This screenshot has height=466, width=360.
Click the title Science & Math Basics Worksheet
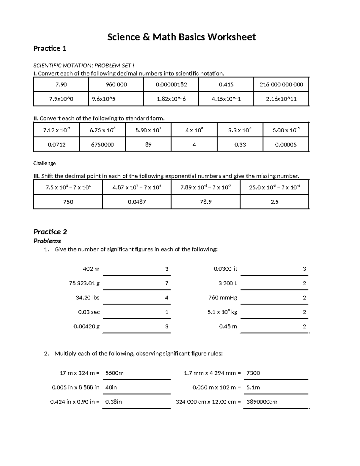coord(181,37)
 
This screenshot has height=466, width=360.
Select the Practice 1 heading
coord(50,49)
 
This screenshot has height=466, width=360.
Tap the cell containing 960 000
coord(116,85)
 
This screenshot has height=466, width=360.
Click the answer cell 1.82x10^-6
coord(171,99)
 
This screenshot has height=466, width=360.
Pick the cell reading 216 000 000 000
coord(281,85)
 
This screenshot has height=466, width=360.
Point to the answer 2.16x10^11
coord(281,99)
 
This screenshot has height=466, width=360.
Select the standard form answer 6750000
coord(102,145)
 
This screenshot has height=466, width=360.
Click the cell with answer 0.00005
coord(286,145)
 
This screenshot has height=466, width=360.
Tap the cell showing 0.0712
coord(56,145)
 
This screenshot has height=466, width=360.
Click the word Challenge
coord(44,164)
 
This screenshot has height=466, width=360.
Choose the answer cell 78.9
coord(205,202)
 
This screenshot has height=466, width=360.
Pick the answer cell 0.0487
coord(137,202)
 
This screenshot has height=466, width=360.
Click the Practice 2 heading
coord(50,232)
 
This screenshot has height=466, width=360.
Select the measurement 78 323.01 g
coord(84,283)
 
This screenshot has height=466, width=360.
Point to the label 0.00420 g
coord(86,326)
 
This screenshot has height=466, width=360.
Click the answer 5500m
coord(115,373)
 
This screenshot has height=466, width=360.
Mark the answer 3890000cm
coord(262,402)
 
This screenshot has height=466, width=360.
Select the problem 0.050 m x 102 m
coord(216,387)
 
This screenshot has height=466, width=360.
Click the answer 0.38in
coord(113,402)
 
